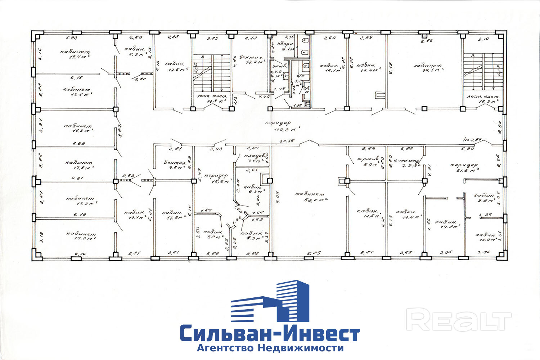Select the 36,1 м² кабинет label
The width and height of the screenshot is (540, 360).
428,68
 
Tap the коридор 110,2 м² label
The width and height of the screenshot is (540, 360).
282,125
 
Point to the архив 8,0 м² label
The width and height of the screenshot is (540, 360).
367,162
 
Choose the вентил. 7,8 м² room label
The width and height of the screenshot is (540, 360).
175,165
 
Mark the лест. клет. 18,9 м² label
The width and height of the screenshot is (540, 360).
483,99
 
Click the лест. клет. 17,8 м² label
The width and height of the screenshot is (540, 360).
212,99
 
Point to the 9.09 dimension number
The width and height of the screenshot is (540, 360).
277,197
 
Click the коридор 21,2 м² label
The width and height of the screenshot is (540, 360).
464,167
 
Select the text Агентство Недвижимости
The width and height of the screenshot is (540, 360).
270,348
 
